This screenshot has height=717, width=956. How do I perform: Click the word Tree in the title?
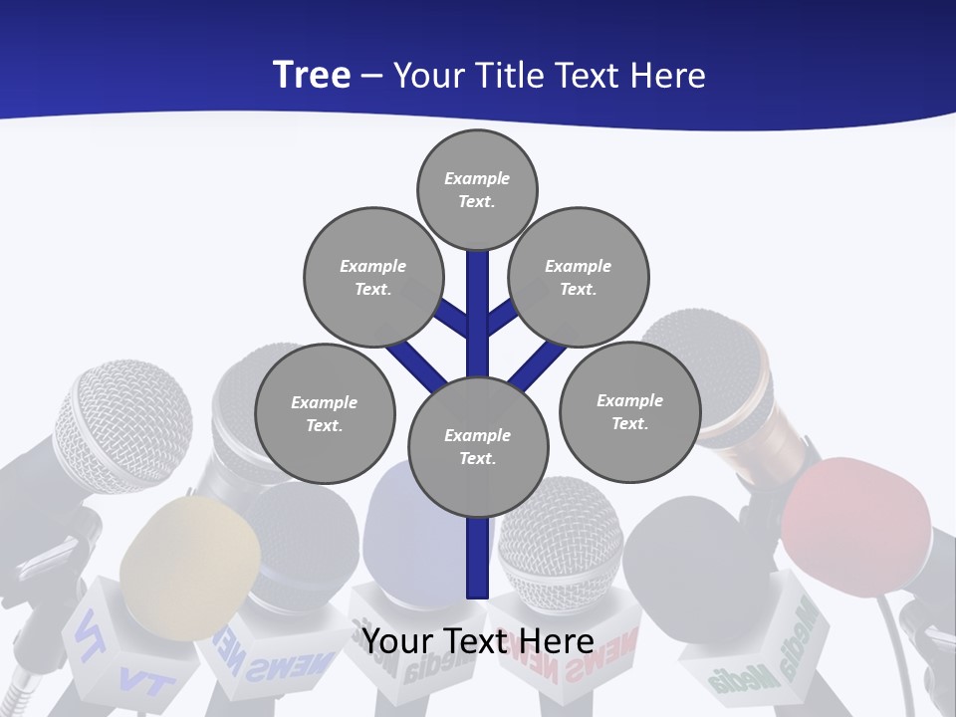coord(312,75)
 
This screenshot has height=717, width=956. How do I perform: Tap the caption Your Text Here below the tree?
coord(477,640)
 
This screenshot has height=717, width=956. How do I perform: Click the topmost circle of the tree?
coord(477,189)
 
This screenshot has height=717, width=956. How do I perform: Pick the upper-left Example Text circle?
coord(372,277)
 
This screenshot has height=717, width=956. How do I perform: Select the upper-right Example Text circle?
coord(578,277)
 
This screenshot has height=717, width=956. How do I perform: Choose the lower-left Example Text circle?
coord(325,413)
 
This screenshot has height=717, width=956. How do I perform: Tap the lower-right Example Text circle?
coord(629,411)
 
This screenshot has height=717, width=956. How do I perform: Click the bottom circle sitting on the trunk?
coord(478,446)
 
